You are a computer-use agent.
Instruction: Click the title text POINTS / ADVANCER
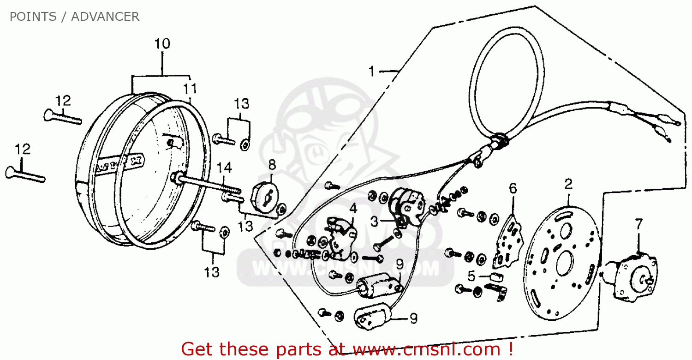(x=74, y=17)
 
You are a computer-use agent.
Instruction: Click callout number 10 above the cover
(x=162, y=44)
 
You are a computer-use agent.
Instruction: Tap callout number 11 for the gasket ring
(x=190, y=89)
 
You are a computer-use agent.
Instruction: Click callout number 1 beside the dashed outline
(x=372, y=72)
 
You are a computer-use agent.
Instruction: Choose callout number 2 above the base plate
(x=568, y=184)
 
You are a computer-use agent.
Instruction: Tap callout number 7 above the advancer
(x=638, y=224)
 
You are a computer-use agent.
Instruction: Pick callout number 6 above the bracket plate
(x=513, y=188)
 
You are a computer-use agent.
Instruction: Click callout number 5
(x=471, y=276)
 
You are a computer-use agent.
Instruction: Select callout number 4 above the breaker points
(x=353, y=209)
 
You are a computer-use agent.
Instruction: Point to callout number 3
(x=375, y=222)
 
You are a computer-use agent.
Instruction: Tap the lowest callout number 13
(x=212, y=272)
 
